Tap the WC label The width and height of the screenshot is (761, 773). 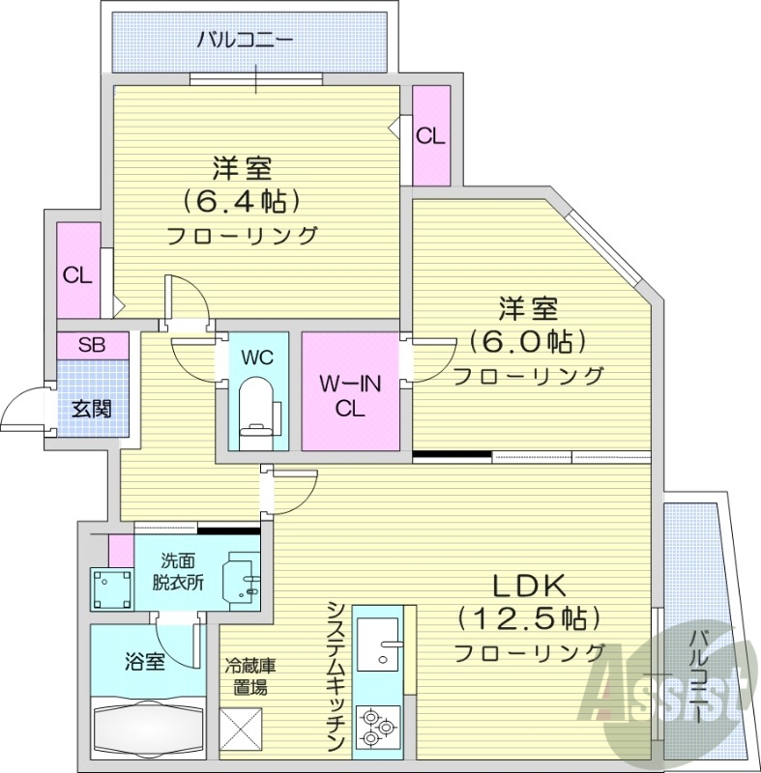[x=257, y=358]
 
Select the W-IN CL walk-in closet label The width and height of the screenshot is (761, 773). [x=349, y=395]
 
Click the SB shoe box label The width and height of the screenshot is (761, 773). [x=92, y=345]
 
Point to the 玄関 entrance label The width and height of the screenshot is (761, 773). [x=92, y=408]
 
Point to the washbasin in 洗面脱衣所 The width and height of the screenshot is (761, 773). [x=242, y=579]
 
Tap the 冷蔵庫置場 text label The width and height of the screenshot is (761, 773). [x=249, y=676]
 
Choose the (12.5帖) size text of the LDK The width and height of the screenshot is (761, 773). [x=530, y=617]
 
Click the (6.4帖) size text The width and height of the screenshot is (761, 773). [x=241, y=201]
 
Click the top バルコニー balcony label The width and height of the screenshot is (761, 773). [x=245, y=41]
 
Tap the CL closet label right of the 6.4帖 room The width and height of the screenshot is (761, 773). [x=430, y=136]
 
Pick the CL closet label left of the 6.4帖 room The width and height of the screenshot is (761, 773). [x=77, y=275]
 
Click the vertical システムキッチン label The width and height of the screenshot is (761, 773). [x=336, y=675]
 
